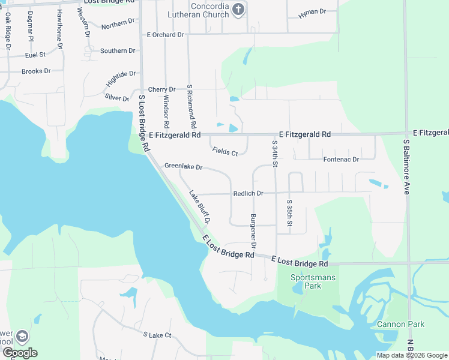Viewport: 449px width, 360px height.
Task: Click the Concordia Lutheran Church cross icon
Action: click(x=238, y=9)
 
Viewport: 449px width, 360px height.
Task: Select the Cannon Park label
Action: click(x=400, y=325)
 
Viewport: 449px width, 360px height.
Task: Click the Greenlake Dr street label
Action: click(x=183, y=166)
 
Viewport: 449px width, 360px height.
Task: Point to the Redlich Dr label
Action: click(x=249, y=194)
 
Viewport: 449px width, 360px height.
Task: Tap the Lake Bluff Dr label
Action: click(x=200, y=208)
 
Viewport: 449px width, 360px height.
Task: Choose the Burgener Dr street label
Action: click(x=253, y=230)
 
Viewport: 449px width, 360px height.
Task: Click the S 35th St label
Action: click(x=289, y=213)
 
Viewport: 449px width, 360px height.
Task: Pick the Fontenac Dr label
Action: click(x=341, y=160)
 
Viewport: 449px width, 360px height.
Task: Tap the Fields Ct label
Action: click(x=225, y=152)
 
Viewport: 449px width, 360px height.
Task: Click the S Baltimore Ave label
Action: click(x=406, y=167)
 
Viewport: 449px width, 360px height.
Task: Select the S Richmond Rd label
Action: click(x=192, y=107)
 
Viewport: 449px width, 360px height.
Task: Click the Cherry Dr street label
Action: click(x=162, y=89)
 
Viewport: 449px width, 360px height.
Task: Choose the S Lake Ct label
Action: click(x=157, y=335)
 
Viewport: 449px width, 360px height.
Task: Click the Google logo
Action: click(x=20, y=353)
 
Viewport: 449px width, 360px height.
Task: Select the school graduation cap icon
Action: click(x=22, y=337)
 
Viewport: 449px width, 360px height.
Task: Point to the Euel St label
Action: click(x=36, y=55)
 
